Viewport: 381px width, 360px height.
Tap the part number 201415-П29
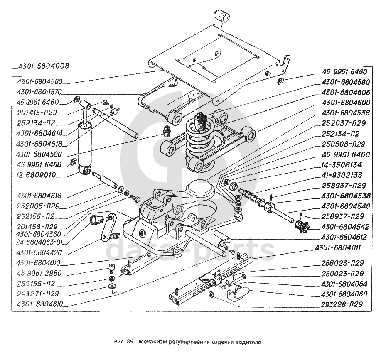pyautogui.click(x=38, y=113)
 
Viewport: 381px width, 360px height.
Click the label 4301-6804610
pyautogui.click(x=40, y=304)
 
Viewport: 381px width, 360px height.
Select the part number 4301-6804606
pyautogui.click(x=344, y=92)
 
